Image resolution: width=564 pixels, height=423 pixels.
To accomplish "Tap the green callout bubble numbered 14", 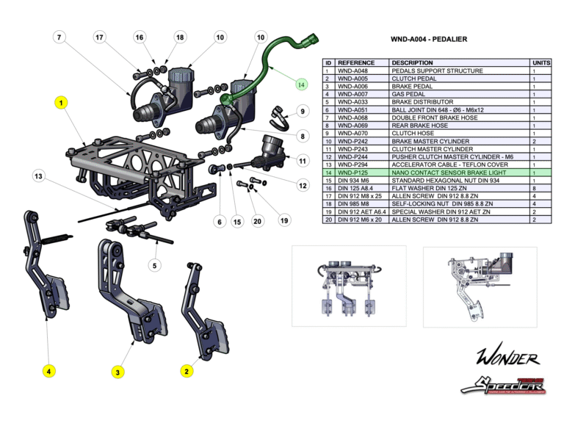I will tap(300, 84).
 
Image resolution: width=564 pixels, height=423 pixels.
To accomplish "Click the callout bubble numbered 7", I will tap(59, 37).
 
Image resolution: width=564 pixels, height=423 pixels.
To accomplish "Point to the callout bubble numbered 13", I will tap(39, 176).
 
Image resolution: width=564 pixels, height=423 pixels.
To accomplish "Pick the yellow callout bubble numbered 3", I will tap(117, 372).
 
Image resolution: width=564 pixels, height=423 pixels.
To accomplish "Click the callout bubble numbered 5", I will tap(154, 265).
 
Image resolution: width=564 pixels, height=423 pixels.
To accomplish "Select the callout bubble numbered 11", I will tap(302, 159).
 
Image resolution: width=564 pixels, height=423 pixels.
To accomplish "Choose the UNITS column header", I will tap(540, 63).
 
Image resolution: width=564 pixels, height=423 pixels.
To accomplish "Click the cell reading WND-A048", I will tap(352, 71).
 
